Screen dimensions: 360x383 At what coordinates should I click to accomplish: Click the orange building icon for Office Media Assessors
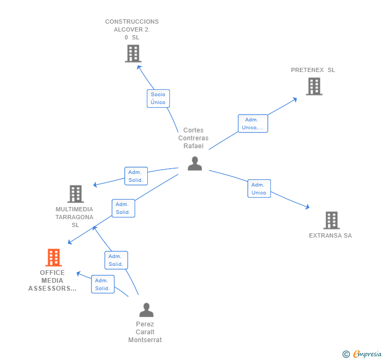[x=53, y=258]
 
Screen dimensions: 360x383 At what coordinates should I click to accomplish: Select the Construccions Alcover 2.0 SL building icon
[x=133, y=54]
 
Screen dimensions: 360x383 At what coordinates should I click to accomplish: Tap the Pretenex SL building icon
[x=314, y=86]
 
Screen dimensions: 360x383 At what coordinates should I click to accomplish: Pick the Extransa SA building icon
[x=331, y=220]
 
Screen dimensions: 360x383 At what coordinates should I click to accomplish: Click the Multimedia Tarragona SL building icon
[x=76, y=194]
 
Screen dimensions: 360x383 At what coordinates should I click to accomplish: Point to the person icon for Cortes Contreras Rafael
[x=195, y=163]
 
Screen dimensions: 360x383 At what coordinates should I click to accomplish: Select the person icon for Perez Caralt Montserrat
[x=146, y=310]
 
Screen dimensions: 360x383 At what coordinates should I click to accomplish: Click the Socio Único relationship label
[x=158, y=98]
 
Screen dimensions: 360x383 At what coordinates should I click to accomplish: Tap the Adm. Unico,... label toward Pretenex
[x=253, y=124]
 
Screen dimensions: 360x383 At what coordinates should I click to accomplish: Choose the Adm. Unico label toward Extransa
[x=259, y=189]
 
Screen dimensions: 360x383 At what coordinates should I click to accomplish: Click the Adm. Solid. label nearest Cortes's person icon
[x=136, y=176]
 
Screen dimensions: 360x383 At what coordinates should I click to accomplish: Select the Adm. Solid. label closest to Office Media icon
[x=103, y=284]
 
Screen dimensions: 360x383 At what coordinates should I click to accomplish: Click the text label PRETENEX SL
[x=313, y=70]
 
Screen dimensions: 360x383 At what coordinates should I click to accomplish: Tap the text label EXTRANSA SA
[x=330, y=235]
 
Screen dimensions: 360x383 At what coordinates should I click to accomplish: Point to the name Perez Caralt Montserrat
[x=145, y=332]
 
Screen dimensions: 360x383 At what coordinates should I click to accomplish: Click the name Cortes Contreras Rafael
[x=194, y=138]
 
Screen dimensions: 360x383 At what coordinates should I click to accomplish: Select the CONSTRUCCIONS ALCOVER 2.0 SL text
[x=132, y=29]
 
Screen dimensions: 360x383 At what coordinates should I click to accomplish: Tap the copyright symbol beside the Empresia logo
[x=346, y=354]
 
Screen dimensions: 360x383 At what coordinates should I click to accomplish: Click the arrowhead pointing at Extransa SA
[x=307, y=208]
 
